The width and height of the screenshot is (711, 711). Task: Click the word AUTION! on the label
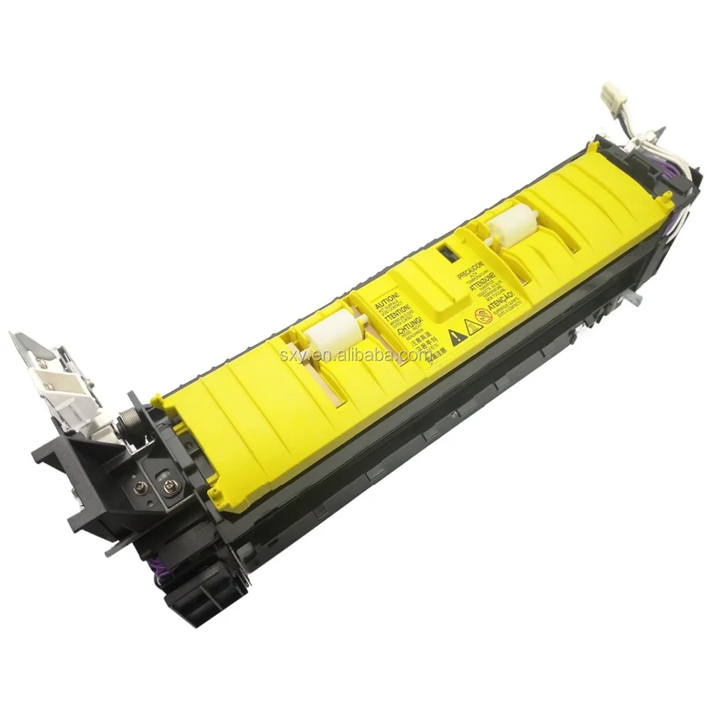[x=383, y=294]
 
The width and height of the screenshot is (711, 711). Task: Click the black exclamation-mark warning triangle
[x=452, y=333]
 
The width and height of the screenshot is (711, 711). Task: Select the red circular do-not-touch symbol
[x=483, y=318]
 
